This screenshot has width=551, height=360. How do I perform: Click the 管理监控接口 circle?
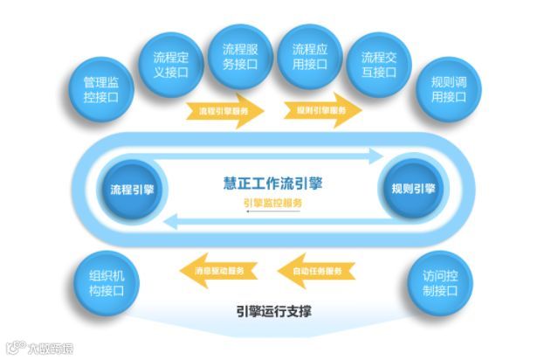tap(107, 90)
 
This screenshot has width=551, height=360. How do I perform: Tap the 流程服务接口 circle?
tap(240, 55)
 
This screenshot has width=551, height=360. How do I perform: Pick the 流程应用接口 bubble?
tap(309, 55)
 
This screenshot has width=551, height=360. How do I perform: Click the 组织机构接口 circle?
tap(107, 283)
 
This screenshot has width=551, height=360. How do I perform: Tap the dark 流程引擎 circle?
tap(132, 189)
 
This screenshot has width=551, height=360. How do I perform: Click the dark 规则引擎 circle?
tap(412, 189)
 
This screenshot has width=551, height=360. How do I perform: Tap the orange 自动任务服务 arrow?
tap(318, 271)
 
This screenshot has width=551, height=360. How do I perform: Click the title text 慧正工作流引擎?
tap(272, 184)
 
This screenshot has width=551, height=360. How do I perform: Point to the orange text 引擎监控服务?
tap(272, 204)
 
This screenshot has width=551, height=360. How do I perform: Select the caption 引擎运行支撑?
tap(273, 310)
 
